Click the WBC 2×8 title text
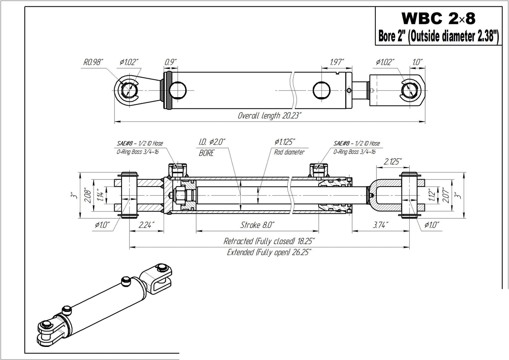[x=438, y=19]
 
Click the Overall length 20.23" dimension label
[x=269, y=116]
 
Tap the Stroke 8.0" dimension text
[x=257, y=225]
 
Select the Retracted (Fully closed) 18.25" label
[x=269, y=241]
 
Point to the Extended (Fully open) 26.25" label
[x=269, y=252]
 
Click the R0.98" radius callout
[x=93, y=63]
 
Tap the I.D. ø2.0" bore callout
[x=212, y=142]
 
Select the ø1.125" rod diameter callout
[x=285, y=142]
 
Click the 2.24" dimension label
[x=146, y=225]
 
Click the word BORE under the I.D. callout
[x=206, y=153]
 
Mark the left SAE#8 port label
[x=140, y=143]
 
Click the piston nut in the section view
[x=178, y=195]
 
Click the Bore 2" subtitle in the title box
[x=392, y=36]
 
